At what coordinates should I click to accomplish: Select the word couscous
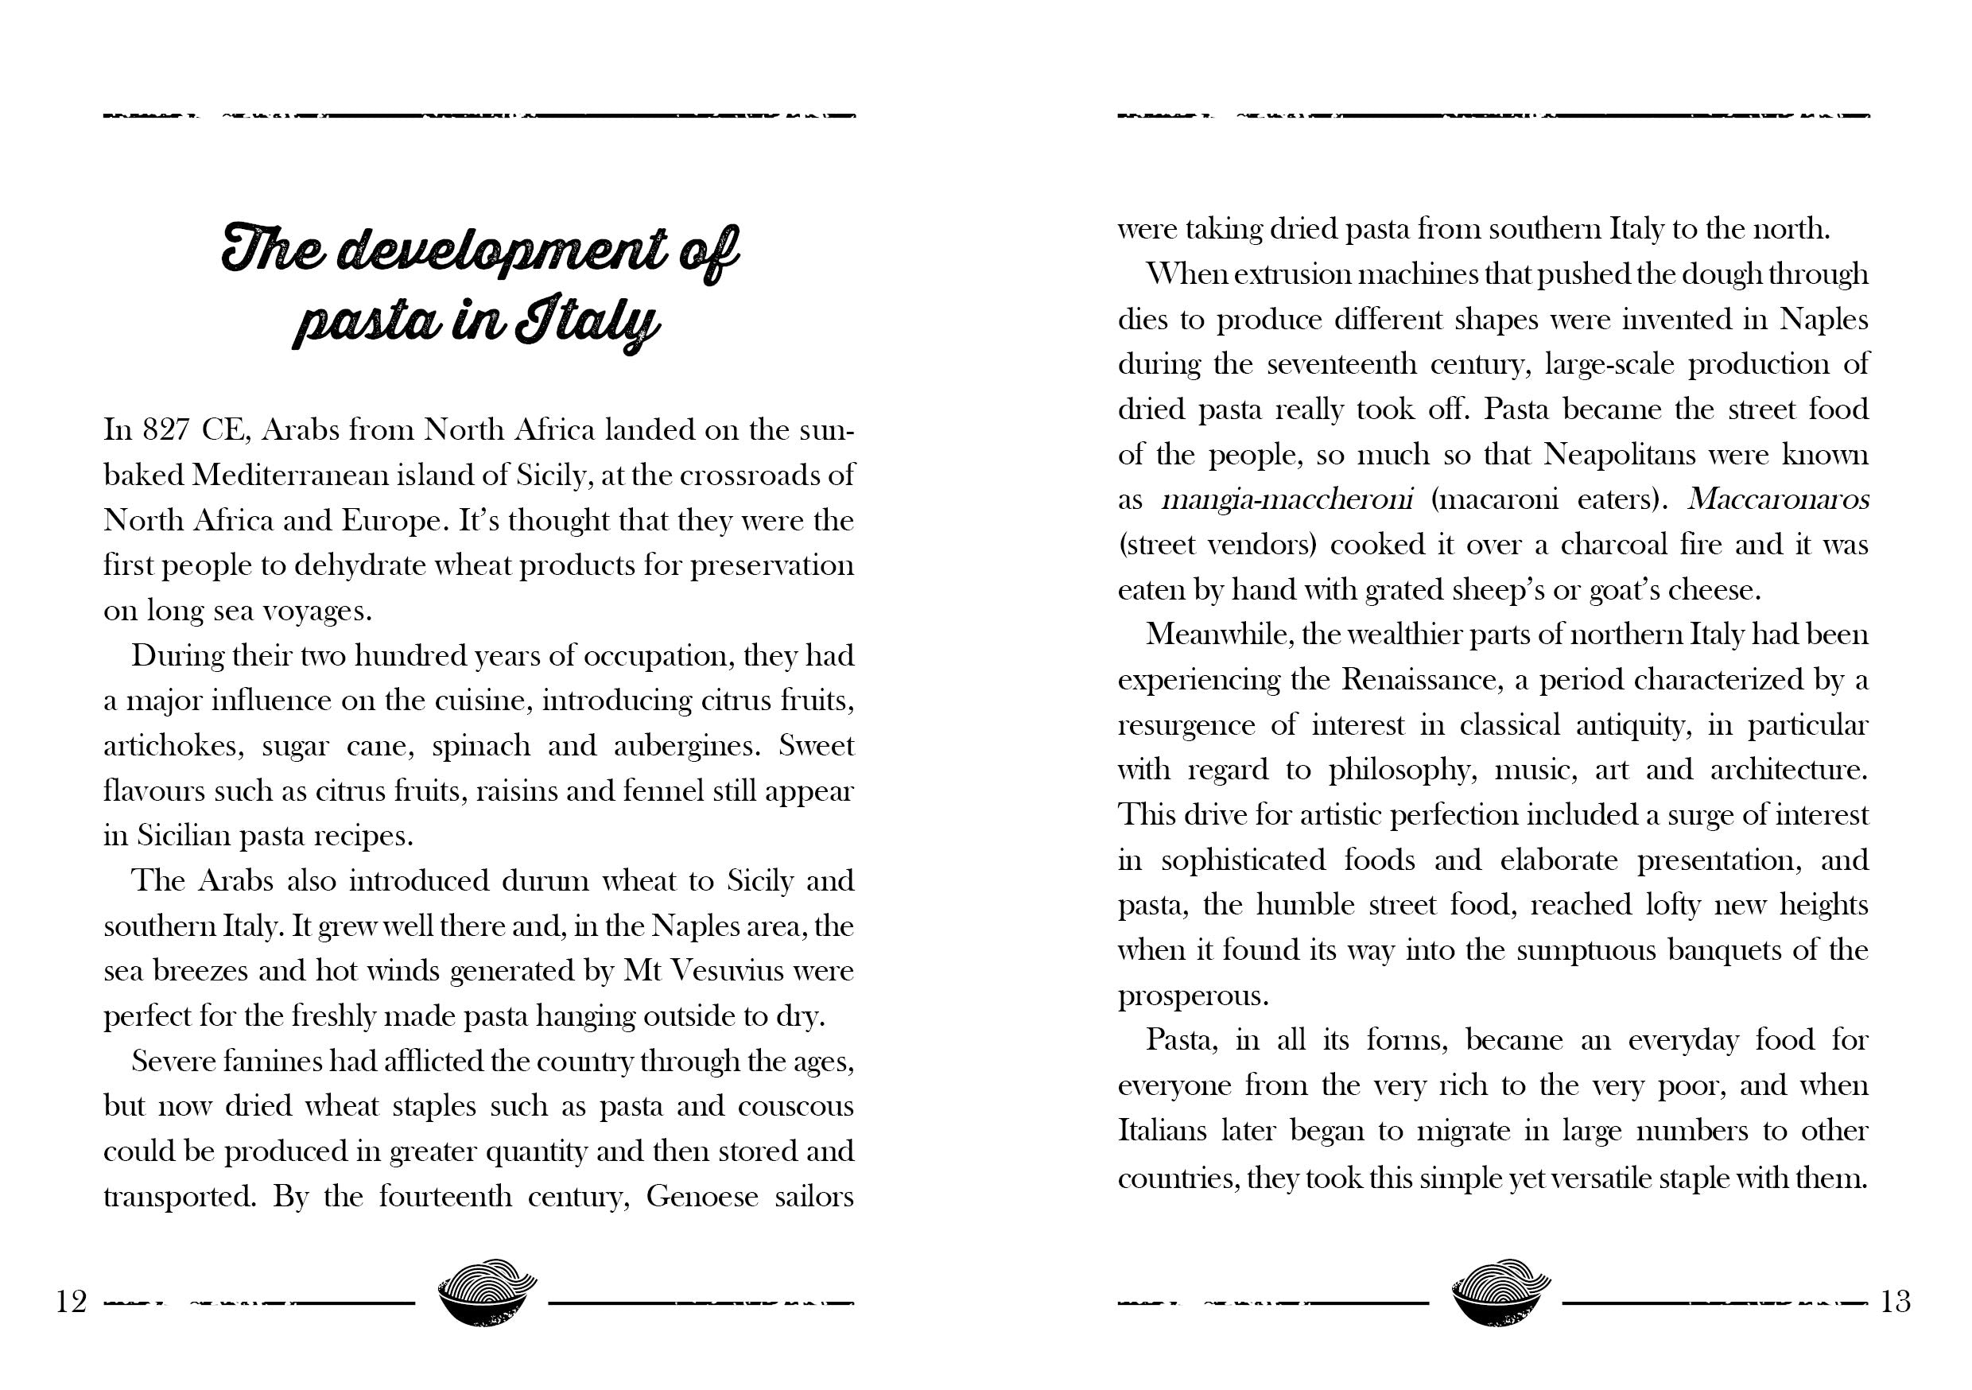[x=795, y=1105]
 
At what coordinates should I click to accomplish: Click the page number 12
[x=72, y=1303]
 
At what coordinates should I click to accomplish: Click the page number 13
[x=1896, y=1303]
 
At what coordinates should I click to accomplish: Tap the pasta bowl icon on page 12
[x=487, y=1294]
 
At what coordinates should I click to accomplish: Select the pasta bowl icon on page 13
[x=1500, y=1294]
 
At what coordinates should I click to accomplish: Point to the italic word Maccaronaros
[x=1778, y=500]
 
